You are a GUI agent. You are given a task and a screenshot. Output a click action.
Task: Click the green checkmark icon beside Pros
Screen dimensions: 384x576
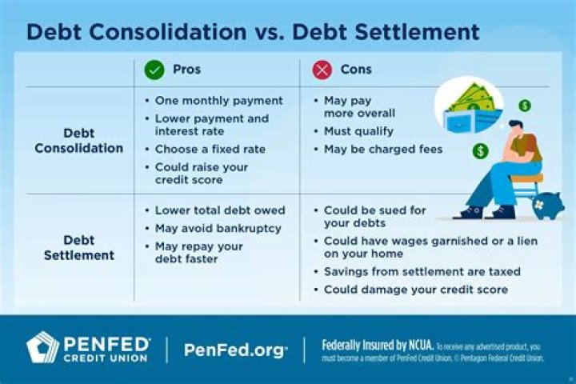(x=154, y=70)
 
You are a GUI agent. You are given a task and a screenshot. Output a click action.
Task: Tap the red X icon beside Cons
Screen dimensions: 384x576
(x=322, y=70)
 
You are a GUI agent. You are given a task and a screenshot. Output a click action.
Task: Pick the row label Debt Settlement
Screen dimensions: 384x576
(x=79, y=248)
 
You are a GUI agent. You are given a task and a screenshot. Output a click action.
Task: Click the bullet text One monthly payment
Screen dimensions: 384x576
(x=218, y=101)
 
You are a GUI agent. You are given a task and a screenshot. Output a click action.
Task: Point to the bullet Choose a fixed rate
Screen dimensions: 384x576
(x=210, y=150)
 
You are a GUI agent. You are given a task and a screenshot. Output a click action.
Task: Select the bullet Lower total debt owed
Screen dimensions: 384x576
(x=220, y=210)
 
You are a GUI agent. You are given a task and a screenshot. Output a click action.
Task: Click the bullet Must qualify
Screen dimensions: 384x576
(x=358, y=130)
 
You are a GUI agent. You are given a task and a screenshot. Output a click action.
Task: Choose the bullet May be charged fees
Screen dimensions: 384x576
(x=382, y=150)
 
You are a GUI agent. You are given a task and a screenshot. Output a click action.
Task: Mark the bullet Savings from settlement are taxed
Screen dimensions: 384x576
(x=422, y=271)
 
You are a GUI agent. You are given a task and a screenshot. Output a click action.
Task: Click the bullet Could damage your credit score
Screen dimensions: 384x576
(x=415, y=290)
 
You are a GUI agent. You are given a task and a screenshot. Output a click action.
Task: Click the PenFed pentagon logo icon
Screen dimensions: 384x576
(x=42, y=348)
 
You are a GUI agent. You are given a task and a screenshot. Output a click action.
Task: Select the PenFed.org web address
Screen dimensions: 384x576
(x=235, y=350)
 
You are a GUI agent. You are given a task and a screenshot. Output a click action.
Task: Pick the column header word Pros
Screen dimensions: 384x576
(x=186, y=70)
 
